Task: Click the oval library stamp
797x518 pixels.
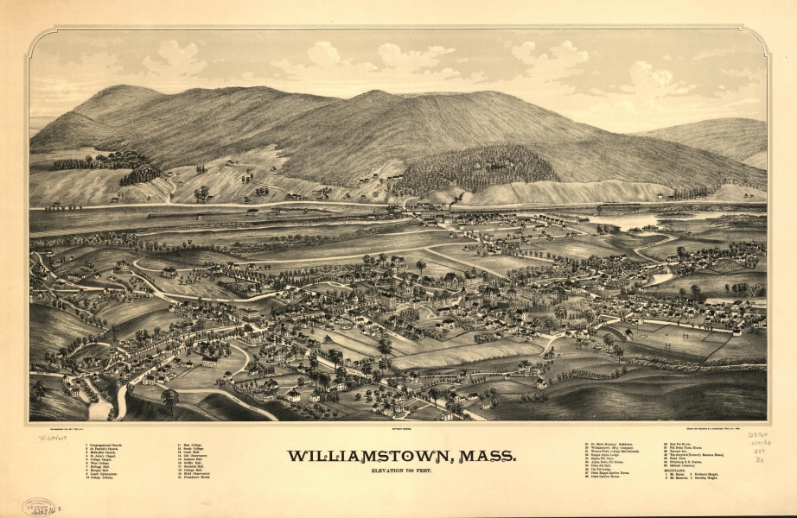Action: [39, 507]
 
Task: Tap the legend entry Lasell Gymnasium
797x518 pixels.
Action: [109, 474]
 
